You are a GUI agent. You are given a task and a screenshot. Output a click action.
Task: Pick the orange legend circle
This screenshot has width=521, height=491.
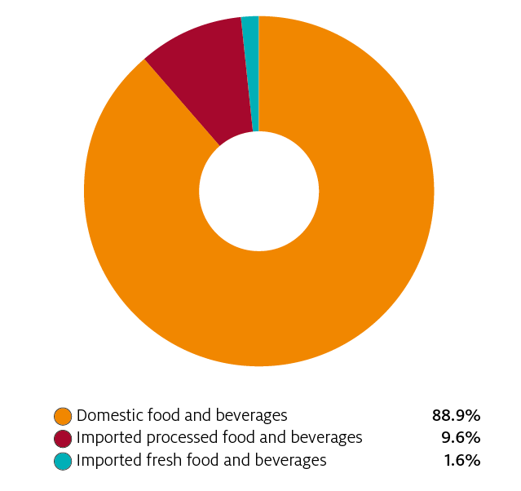(63, 415)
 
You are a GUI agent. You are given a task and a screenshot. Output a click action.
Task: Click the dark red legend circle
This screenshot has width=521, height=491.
(63, 438)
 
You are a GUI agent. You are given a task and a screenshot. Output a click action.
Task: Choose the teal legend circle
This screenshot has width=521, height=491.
(63, 461)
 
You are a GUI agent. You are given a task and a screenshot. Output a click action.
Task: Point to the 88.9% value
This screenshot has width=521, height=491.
(456, 415)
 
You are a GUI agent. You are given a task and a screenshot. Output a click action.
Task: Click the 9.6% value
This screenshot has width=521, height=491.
(461, 438)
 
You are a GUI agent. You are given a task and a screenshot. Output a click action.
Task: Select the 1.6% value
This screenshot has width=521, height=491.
(462, 461)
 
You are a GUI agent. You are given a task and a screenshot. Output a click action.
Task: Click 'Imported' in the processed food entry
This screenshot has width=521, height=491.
(105, 438)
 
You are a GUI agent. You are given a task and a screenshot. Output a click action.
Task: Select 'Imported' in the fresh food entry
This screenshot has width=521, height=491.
(105, 461)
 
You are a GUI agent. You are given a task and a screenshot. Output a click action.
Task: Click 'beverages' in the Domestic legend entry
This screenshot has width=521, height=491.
(254, 415)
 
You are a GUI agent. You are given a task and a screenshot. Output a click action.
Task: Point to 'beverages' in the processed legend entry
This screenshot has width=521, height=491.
(329, 438)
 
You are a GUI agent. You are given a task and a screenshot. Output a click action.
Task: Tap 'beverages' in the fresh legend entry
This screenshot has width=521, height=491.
(293, 461)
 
